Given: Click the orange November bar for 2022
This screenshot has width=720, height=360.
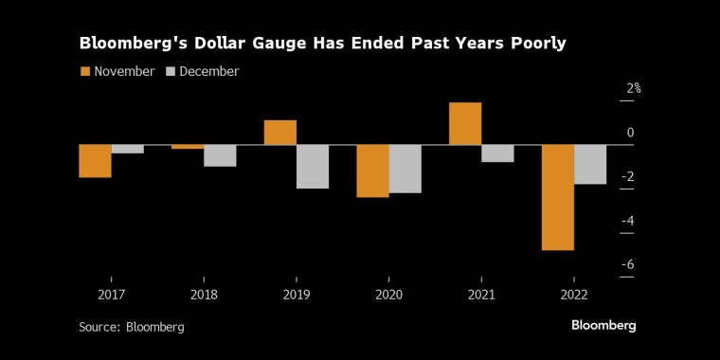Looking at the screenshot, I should [557, 197].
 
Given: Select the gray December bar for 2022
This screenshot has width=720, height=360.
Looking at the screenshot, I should [590, 164].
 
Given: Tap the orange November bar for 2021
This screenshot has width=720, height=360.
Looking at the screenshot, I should [465, 123].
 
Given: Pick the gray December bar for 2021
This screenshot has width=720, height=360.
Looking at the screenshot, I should [497, 153].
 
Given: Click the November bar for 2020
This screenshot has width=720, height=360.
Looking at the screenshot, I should [372, 171].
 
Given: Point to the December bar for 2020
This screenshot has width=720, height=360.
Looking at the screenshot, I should [405, 169].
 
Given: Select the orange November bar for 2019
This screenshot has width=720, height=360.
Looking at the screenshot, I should [279, 133].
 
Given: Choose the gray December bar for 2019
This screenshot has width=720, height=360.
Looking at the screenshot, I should [313, 167].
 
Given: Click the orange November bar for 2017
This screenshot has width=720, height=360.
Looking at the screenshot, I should [95, 161].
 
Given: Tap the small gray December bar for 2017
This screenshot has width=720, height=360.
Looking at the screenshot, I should [128, 149].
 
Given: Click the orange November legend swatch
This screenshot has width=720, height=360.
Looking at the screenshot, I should [85, 72].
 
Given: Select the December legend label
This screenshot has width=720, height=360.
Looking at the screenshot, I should [209, 72].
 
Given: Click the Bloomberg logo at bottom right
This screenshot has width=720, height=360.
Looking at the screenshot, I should [603, 325].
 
